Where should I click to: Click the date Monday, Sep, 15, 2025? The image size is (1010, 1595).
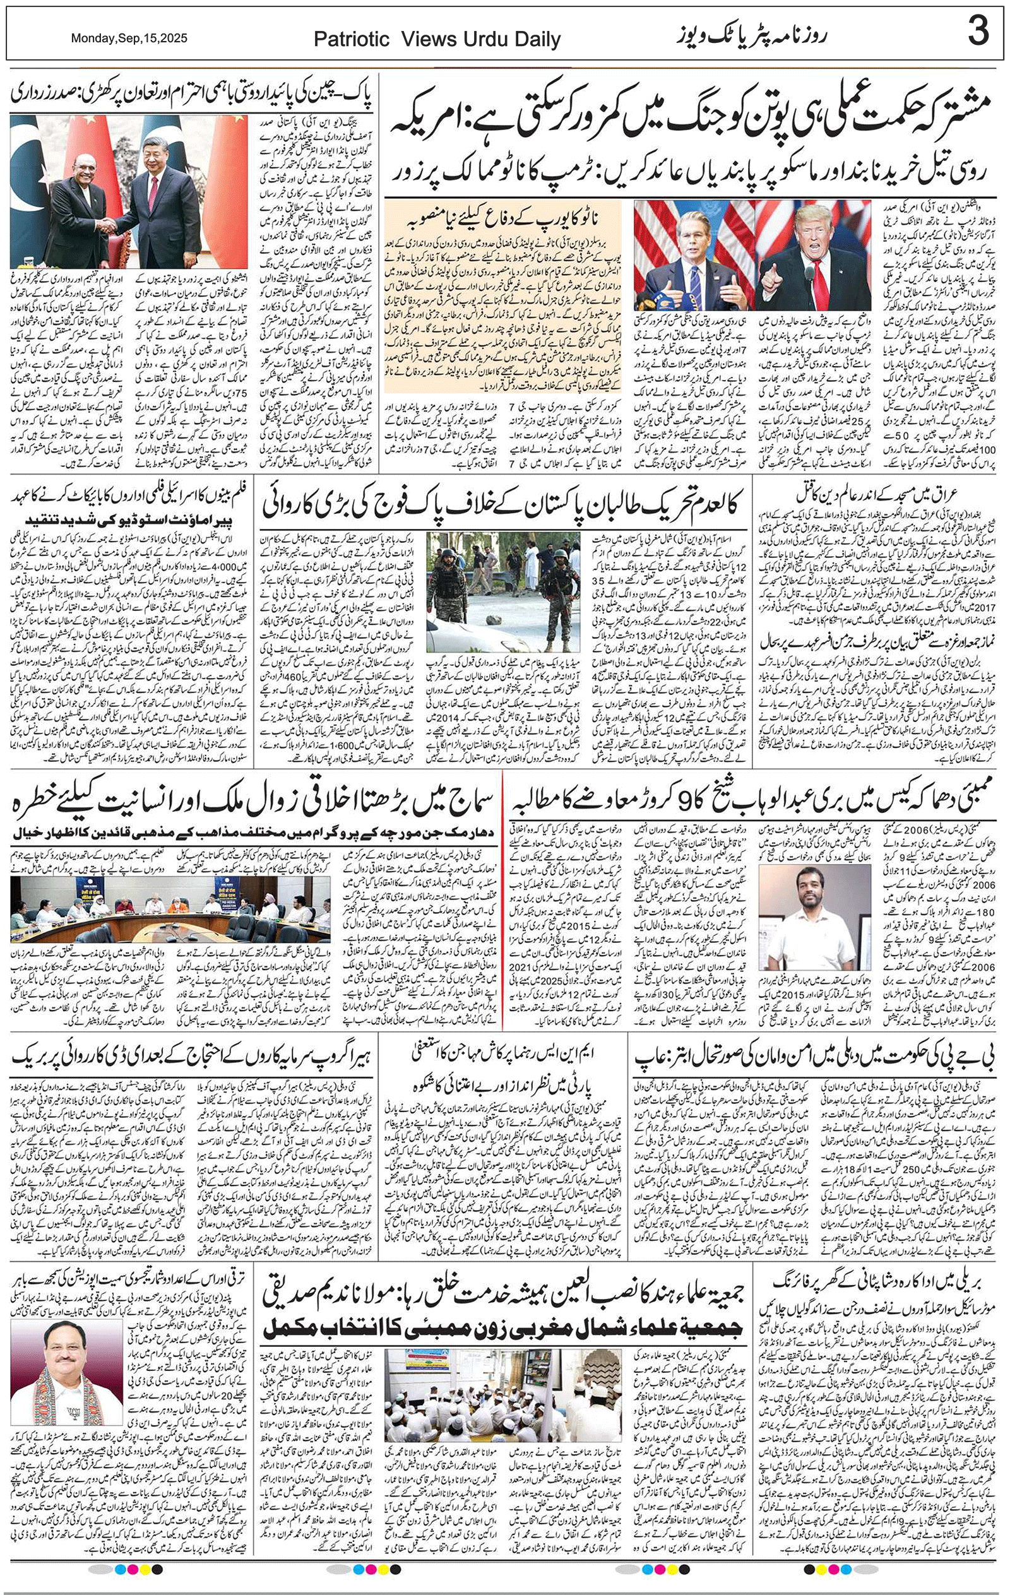129,39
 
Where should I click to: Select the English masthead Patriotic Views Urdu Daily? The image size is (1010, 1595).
437,40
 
